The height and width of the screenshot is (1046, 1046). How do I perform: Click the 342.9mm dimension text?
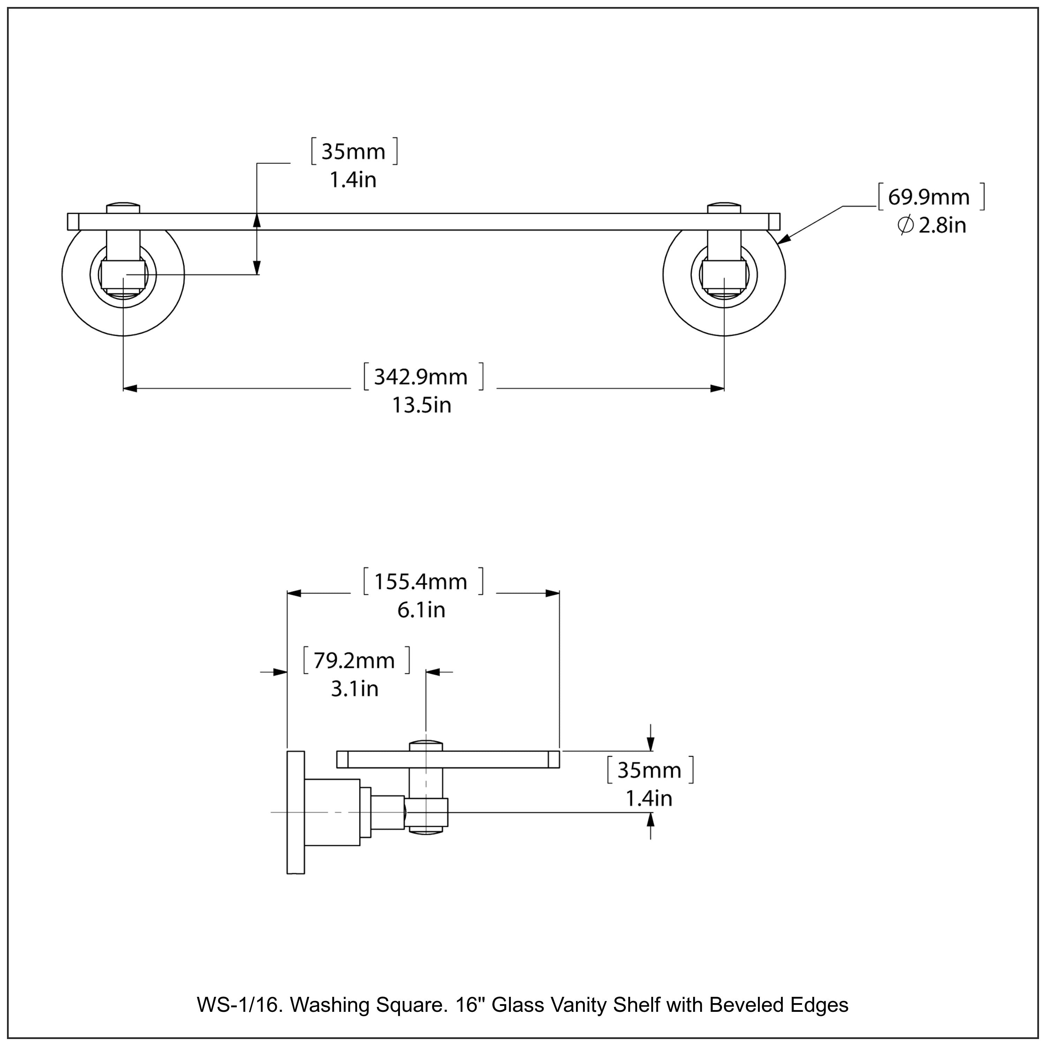tap(421, 377)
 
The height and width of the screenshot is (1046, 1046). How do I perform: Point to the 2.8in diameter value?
tap(942, 225)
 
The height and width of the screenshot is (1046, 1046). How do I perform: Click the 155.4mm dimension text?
tap(421, 582)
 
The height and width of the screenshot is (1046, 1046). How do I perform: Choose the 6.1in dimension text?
tap(421, 610)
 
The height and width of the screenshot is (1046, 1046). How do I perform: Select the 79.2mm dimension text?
tap(355, 660)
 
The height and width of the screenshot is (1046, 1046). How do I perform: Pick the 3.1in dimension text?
tap(355, 689)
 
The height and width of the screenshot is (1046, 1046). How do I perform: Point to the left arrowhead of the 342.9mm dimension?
tap(130, 388)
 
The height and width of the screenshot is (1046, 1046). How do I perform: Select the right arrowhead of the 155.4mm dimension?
tap(553, 593)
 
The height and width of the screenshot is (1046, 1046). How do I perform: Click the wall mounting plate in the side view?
tap(296, 812)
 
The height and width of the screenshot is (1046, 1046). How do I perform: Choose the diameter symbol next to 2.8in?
tap(905, 225)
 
